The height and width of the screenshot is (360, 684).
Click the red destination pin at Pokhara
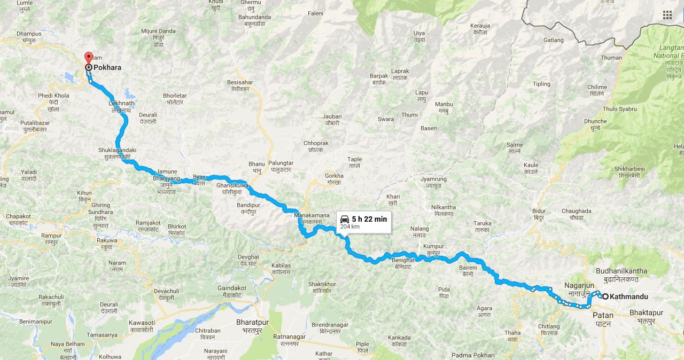89,58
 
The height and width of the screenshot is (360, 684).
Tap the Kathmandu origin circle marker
605,296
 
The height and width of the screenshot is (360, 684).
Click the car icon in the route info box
345,219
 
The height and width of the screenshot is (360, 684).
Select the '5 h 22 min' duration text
369,219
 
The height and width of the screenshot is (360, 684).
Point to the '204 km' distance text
349,227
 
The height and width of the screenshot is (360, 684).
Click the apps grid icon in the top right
667,15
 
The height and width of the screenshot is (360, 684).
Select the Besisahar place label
240,82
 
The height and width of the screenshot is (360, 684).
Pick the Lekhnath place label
121,103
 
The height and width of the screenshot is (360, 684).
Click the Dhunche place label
595,121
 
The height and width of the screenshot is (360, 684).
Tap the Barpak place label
379,76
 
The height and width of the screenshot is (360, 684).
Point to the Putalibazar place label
35,123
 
